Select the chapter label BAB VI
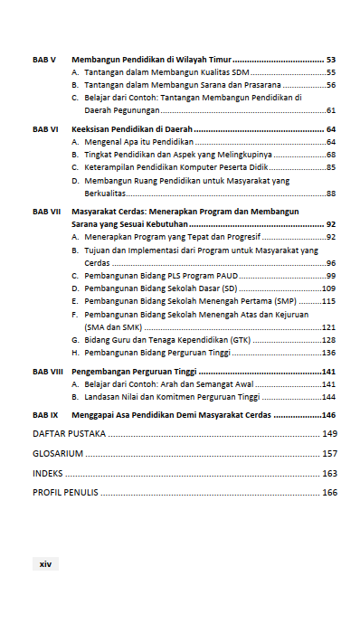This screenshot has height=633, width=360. tap(45, 129)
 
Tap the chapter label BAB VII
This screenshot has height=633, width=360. tap(47, 211)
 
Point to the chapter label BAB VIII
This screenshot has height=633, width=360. tap(49, 372)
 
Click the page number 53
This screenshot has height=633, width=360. tap(331, 59)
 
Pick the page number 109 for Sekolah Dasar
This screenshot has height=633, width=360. tap(329, 288)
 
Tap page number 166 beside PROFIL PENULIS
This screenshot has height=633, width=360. tap(329, 493)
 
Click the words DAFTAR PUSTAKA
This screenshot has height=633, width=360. tap(69, 434)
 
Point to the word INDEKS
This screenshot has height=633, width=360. tap(48, 474)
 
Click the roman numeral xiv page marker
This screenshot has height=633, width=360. tap(45, 563)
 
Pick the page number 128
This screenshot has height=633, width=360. tap(329, 340)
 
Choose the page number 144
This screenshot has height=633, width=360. tap(329, 397)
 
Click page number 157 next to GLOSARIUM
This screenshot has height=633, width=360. tap(329, 454)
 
